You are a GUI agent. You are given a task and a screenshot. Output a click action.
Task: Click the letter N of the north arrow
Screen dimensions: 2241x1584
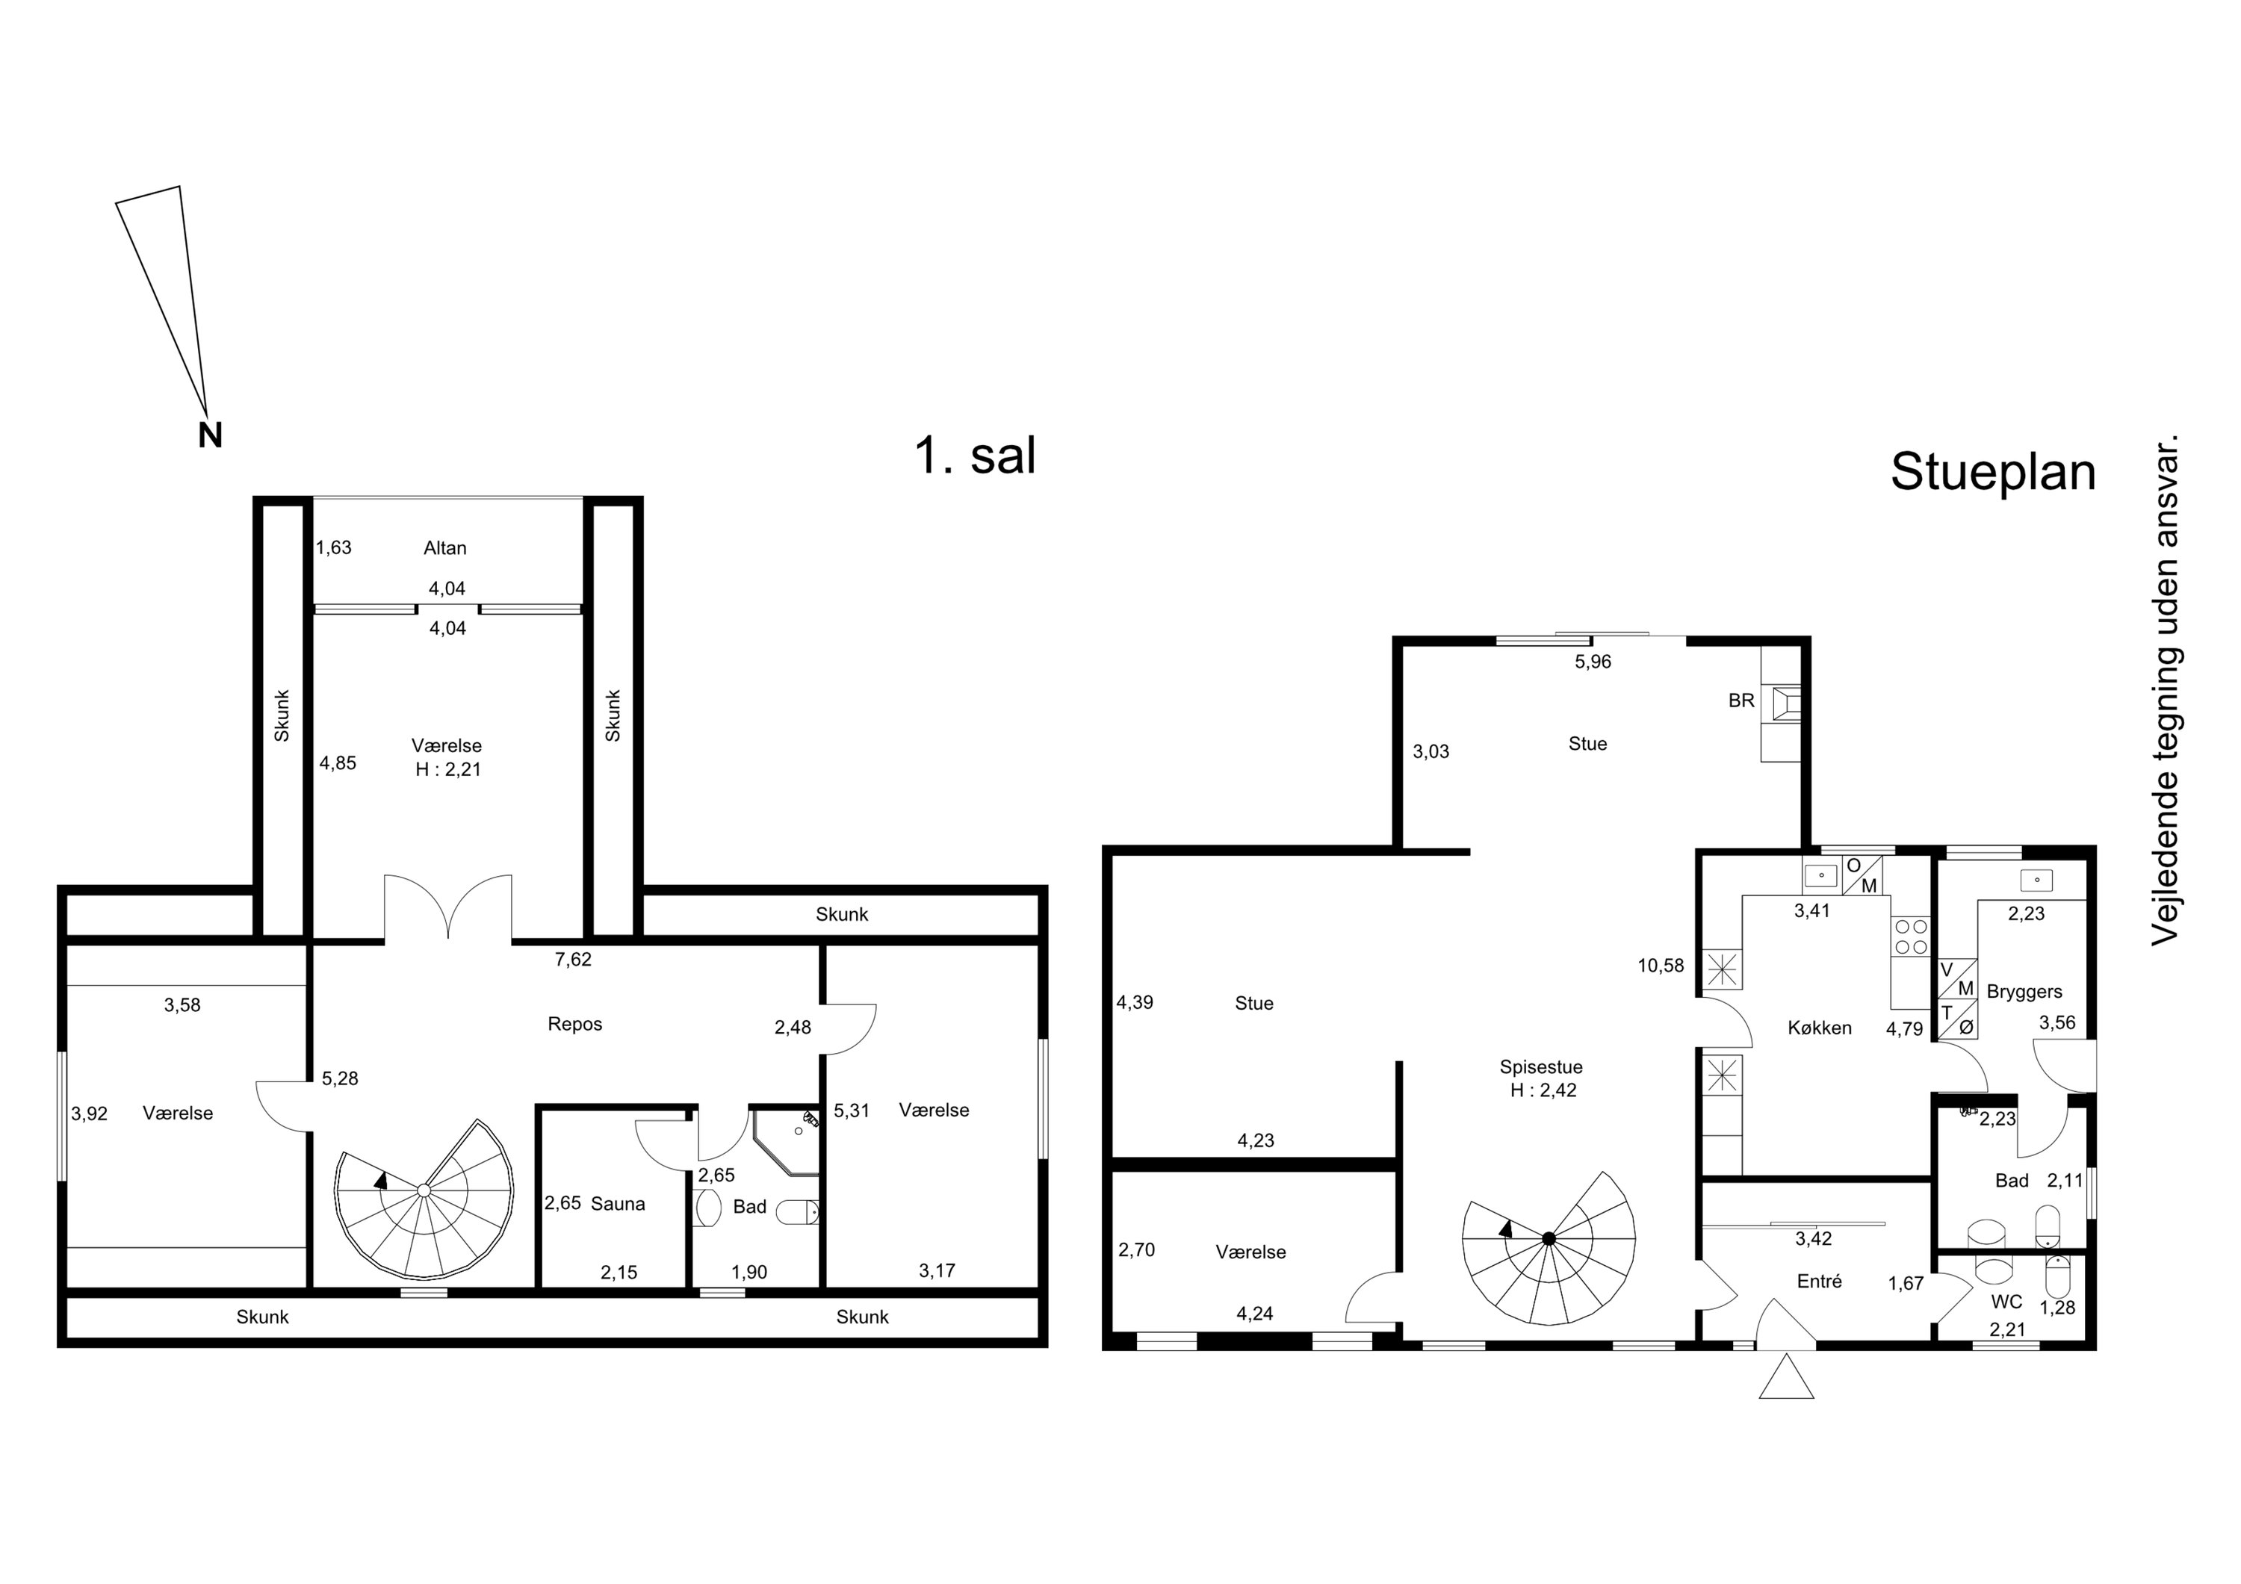pos(210,435)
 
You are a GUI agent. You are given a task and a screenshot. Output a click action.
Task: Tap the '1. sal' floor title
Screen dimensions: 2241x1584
pos(975,456)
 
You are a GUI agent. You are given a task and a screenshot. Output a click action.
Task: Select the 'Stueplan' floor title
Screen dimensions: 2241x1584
pos(1993,473)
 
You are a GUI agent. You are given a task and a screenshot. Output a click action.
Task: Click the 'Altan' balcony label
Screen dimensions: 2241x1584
pos(445,548)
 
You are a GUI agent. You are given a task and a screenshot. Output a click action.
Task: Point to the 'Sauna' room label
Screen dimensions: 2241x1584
pos(618,1205)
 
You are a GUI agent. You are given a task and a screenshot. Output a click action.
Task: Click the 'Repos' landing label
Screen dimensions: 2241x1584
pos(575,1025)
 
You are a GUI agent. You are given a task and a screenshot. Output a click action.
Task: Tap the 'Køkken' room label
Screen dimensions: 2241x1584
pos(1820,1028)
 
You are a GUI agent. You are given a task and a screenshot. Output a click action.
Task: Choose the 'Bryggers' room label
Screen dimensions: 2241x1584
pos(2024,993)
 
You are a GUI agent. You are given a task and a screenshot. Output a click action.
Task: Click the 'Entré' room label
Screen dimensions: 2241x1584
pos(1820,1282)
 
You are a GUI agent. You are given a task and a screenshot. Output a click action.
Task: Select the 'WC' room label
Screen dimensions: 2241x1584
pos(2006,1302)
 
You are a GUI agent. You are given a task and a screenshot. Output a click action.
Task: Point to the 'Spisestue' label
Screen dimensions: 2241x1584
pos(1541,1068)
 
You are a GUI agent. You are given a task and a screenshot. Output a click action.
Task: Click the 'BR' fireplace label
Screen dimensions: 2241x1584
pos(1741,701)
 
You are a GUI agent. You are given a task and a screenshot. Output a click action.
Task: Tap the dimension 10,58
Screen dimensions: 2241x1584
pos(1661,966)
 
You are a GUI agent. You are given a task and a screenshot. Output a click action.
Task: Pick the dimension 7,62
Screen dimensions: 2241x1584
pos(573,960)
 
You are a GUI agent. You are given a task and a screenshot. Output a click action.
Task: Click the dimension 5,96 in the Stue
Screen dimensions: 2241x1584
pos(1593,662)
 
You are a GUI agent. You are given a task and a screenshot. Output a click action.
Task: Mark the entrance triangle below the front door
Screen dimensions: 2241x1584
pos(1786,1377)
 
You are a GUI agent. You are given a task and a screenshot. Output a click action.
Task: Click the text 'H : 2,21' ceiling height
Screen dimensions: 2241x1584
pos(448,769)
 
